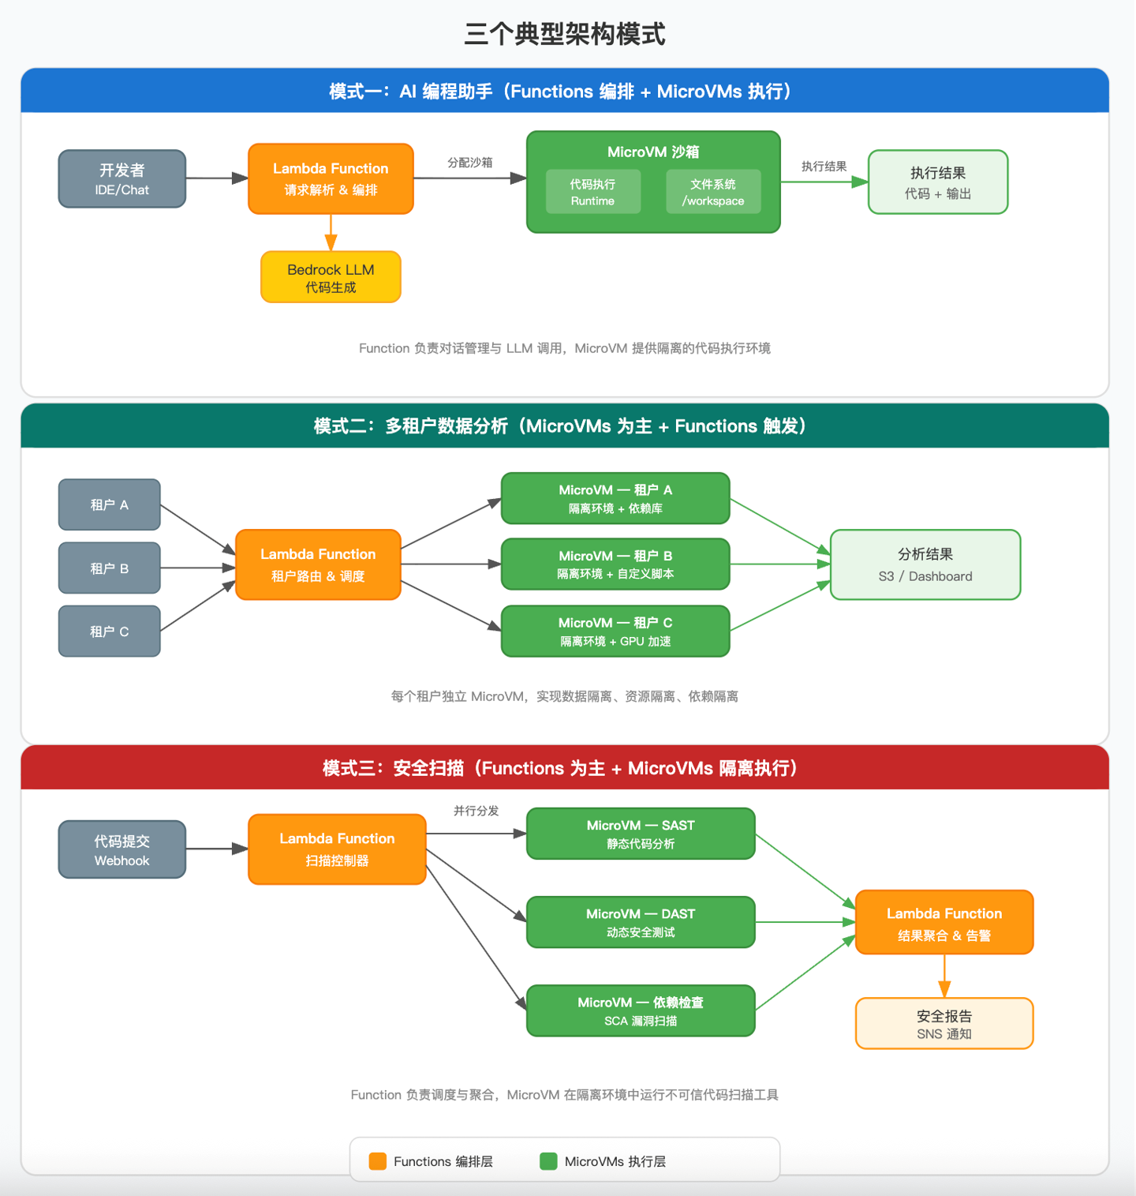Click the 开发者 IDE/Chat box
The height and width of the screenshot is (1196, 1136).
[x=122, y=179]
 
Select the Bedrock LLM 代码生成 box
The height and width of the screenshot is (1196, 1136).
[x=331, y=277]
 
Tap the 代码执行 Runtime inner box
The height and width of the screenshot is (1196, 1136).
[x=593, y=192]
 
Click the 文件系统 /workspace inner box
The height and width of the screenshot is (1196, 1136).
[x=713, y=192]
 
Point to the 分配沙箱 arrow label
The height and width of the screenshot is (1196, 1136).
[x=470, y=163]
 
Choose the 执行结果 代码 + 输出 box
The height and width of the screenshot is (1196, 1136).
[x=938, y=182]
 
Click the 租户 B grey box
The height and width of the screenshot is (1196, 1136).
[x=110, y=568]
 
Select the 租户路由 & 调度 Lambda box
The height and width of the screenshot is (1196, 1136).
[x=318, y=564]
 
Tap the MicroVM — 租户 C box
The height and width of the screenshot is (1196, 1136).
[x=615, y=632]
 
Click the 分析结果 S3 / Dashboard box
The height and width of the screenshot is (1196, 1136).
[x=925, y=564]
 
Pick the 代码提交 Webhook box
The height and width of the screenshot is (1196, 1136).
[x=122, y=849]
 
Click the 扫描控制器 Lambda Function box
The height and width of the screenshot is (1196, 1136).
[x=337, y=849]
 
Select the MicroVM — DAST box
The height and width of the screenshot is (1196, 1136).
[x=641, y=922]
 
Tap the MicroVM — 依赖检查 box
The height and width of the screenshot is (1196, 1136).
[x=641, y=1010]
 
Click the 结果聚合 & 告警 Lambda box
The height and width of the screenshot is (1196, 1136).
[x=944, y=922]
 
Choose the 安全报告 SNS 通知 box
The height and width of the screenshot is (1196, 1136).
[x=944, y=1024]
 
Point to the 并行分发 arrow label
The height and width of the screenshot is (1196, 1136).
[x=476, y=811]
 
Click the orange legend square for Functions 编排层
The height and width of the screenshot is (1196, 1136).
[x=378, y=1161]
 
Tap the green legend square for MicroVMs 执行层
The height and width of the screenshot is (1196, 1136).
[x=548, y=1161]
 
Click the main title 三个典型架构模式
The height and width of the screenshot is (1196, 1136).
[x=565, y=34]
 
